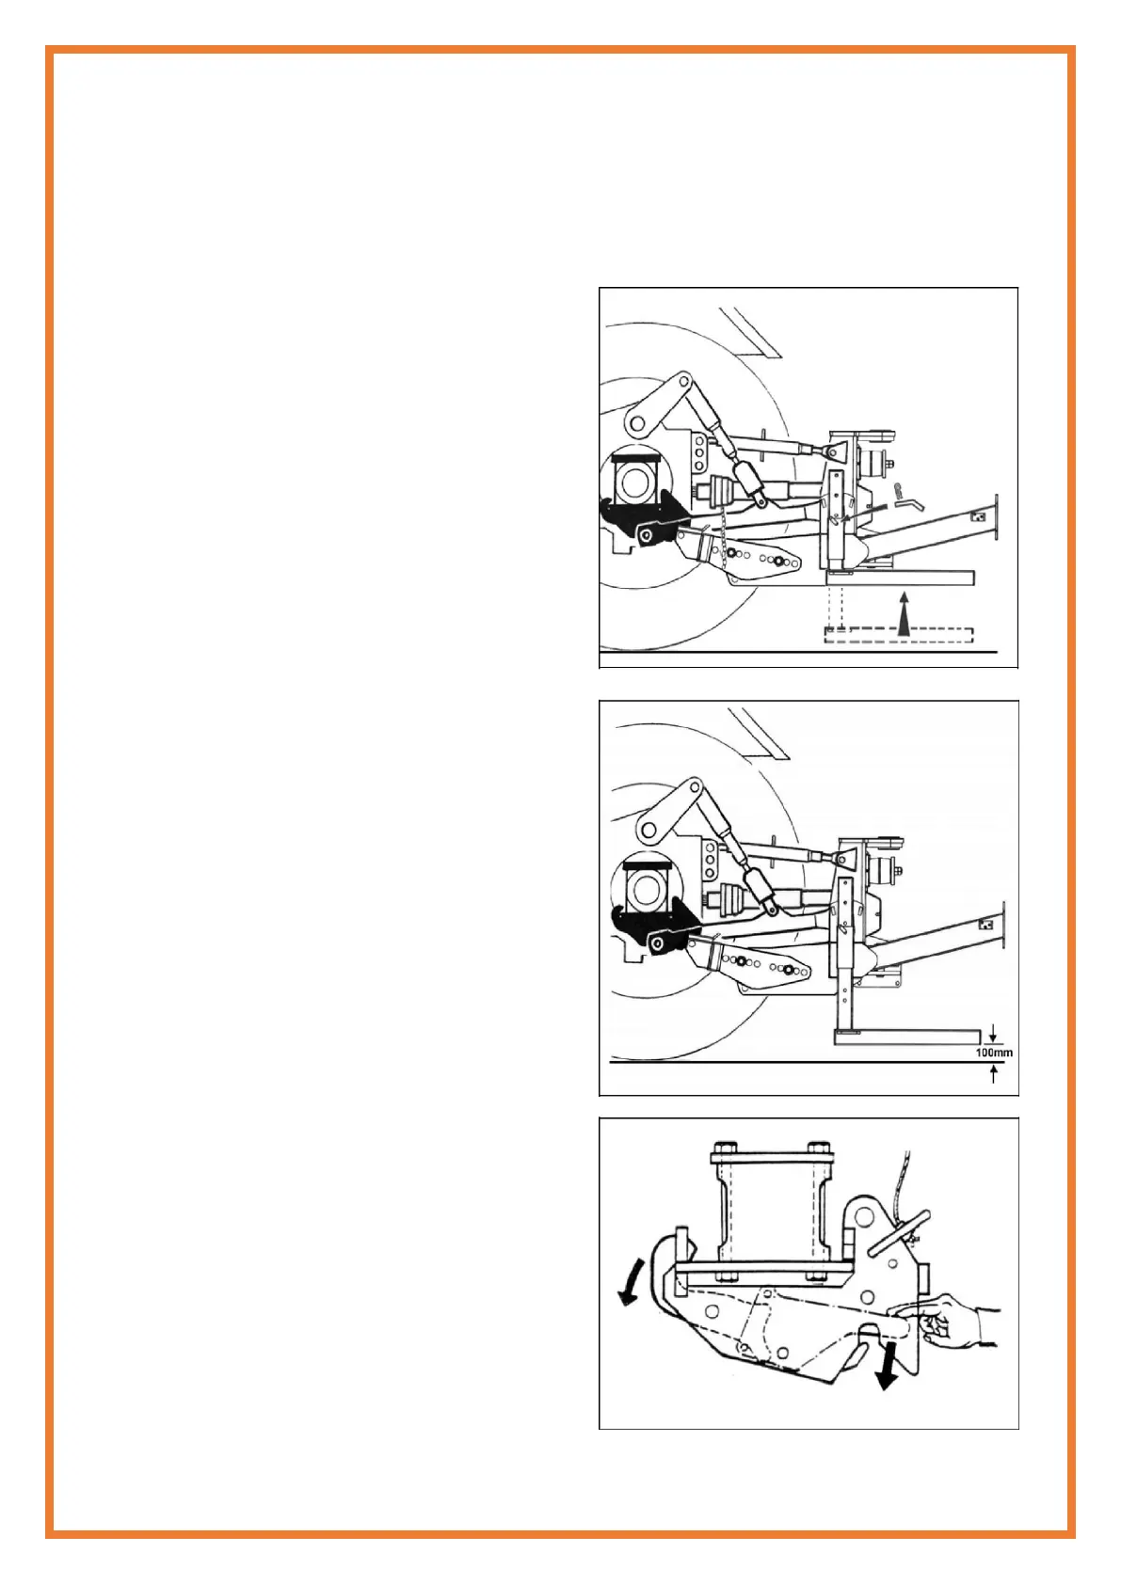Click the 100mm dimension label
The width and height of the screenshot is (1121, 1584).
[x=993, y=1053]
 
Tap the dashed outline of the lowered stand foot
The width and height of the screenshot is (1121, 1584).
[x=898, y=636]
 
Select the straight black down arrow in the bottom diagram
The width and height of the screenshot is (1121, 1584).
[x=885, y=1364]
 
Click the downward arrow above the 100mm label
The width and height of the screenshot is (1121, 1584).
[x=993, y=1036]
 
